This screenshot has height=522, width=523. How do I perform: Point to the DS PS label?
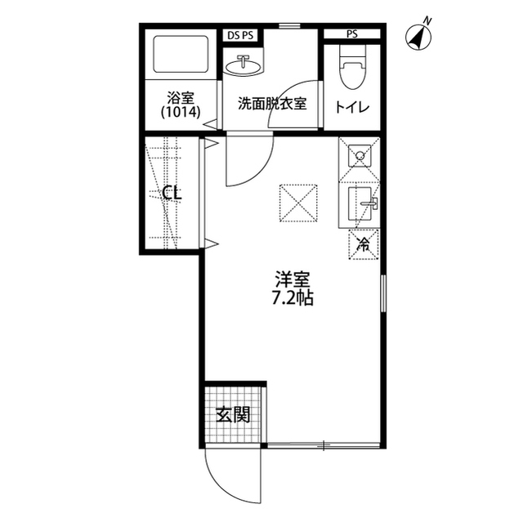[x=241, y=34]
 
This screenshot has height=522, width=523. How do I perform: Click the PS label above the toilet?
[x=351, y=34]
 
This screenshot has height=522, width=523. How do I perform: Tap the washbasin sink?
[x=244, y=63]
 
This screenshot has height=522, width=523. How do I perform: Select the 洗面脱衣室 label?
[x=272, y=105]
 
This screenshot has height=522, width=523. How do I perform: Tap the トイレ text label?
[x=352, y=106]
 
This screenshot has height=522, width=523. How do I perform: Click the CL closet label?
[x=172, y=194]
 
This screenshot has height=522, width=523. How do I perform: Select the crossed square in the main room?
[x=297, y=203]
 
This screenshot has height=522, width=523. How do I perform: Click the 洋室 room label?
[x=292, y=279]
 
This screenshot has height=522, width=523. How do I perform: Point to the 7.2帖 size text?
[x=292, y=297]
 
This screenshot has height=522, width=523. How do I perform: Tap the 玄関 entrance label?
[x=233, y=414]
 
